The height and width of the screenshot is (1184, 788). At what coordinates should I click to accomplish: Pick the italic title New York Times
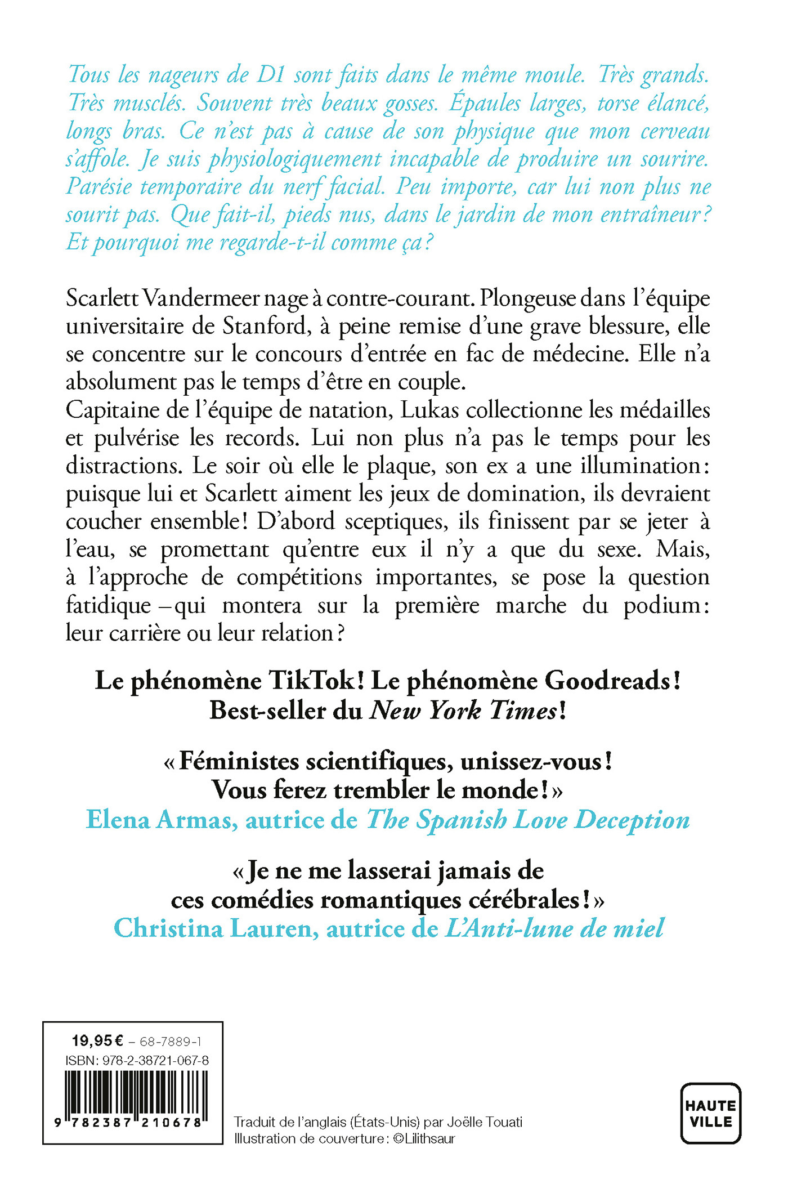coord(463,711)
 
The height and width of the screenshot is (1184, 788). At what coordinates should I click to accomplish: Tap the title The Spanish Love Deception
coord(528,820)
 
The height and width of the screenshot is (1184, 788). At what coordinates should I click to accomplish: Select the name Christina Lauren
coord(213,928)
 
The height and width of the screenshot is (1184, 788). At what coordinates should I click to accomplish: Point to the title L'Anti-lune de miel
coord(554,928)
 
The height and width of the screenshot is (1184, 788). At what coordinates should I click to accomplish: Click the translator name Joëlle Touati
coord(485,1122)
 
